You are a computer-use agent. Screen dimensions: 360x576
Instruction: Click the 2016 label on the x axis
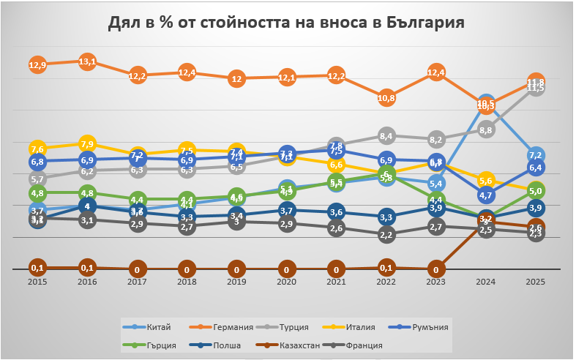pyautogui.click(x=87, y=281)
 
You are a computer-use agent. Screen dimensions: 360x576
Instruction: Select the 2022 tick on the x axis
pyautogui.click(x=386, y=281)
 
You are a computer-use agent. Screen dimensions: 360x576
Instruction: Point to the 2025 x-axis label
pyautogui.click(x=536, y=281)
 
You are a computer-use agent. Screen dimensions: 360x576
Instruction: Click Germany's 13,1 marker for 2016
pyautogui.click(x=87, y=62)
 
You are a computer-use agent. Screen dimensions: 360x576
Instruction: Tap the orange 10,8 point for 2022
pyautogui.click(x=386, y=98)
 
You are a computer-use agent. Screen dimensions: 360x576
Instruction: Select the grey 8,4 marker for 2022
pyautogui.click(x=386, y=135)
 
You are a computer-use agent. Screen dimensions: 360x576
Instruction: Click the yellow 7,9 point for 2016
pyautogui.click(x=87, y=143)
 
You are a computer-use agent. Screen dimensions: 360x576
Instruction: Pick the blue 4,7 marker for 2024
pyautogui.click(x=486, y=195)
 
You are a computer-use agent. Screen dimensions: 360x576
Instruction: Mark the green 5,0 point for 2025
pyautogui.click(x=536, y=191)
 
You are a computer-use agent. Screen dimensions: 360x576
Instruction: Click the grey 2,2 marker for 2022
pyautogui.click(x=386, y=235)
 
